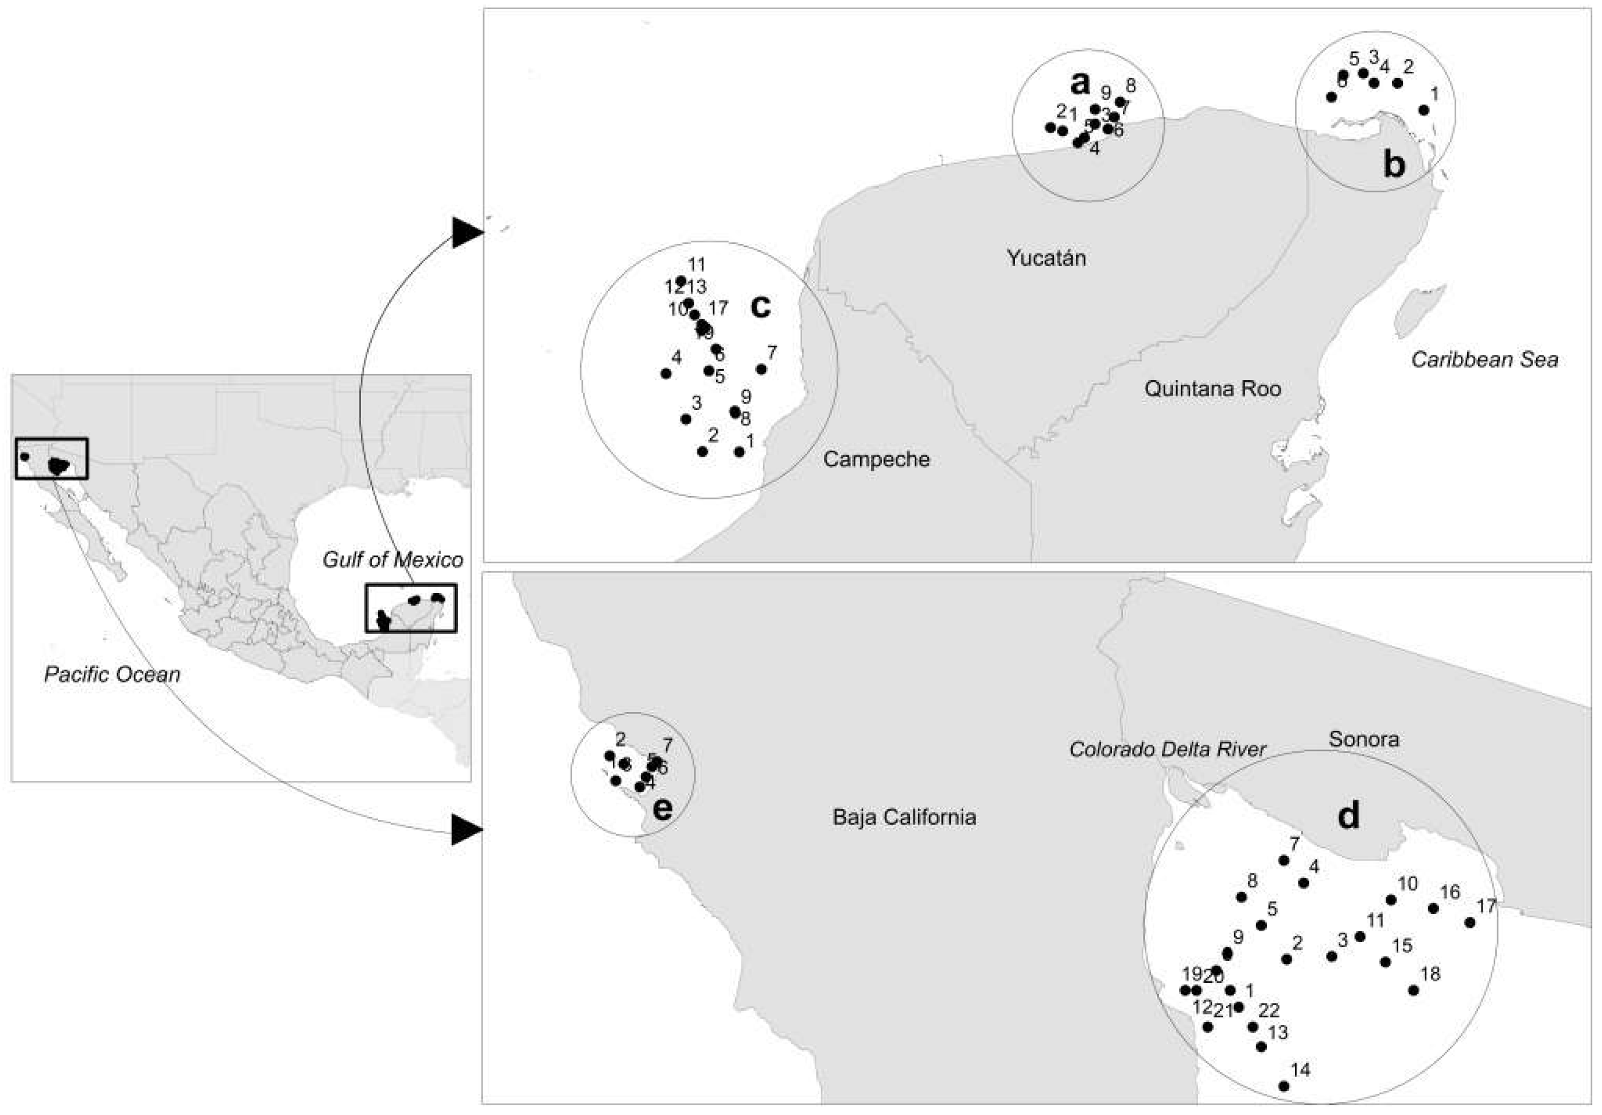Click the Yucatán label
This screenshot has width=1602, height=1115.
click(1046, 258)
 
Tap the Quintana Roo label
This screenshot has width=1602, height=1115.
click(1212, 389)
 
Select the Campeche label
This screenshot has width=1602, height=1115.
click(876, 459)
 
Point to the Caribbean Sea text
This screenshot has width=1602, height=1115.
click(1484, 359)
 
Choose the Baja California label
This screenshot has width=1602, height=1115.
click(904, 817)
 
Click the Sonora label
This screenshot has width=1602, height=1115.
click(1363, 739)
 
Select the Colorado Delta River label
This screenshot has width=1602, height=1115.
click(1167, 749)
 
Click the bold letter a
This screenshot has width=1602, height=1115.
click(1079, 84)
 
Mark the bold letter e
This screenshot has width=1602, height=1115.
click(662, 808)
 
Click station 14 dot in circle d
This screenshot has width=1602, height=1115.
click(1283, 1086)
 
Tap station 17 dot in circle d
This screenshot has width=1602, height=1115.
click(1470, 922)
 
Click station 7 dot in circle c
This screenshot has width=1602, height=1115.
click(761, 369)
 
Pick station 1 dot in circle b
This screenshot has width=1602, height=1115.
click(1424, 110)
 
